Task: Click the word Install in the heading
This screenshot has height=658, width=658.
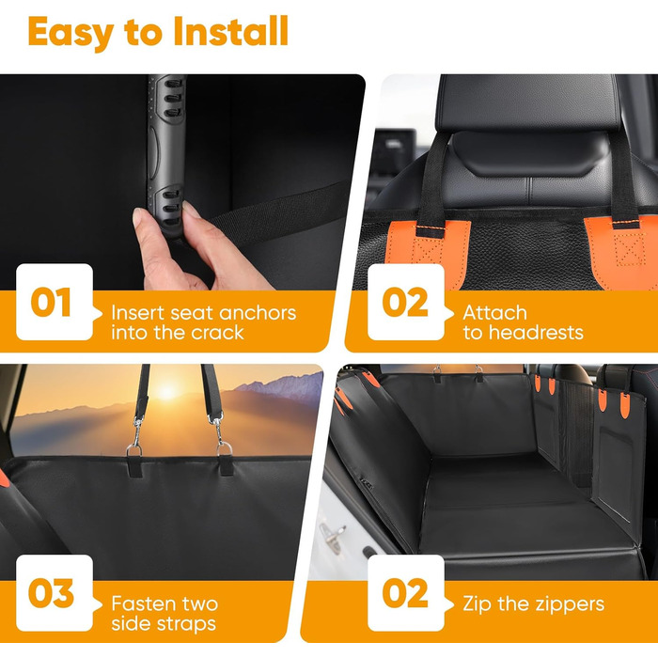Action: coord(231,31)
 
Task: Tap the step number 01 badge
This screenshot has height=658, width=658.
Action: coord(55,302)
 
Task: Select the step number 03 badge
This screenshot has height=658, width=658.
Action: coord(55,592)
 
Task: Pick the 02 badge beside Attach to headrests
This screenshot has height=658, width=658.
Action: coord(406,302)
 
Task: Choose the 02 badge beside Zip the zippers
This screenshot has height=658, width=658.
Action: coord(406,592)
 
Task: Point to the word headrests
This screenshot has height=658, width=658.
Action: coord(536,333)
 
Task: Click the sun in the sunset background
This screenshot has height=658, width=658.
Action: coord(168,392)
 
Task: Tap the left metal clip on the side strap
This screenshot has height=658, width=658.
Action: coord(135,436)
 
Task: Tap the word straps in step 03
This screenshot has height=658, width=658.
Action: coord(184,624)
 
